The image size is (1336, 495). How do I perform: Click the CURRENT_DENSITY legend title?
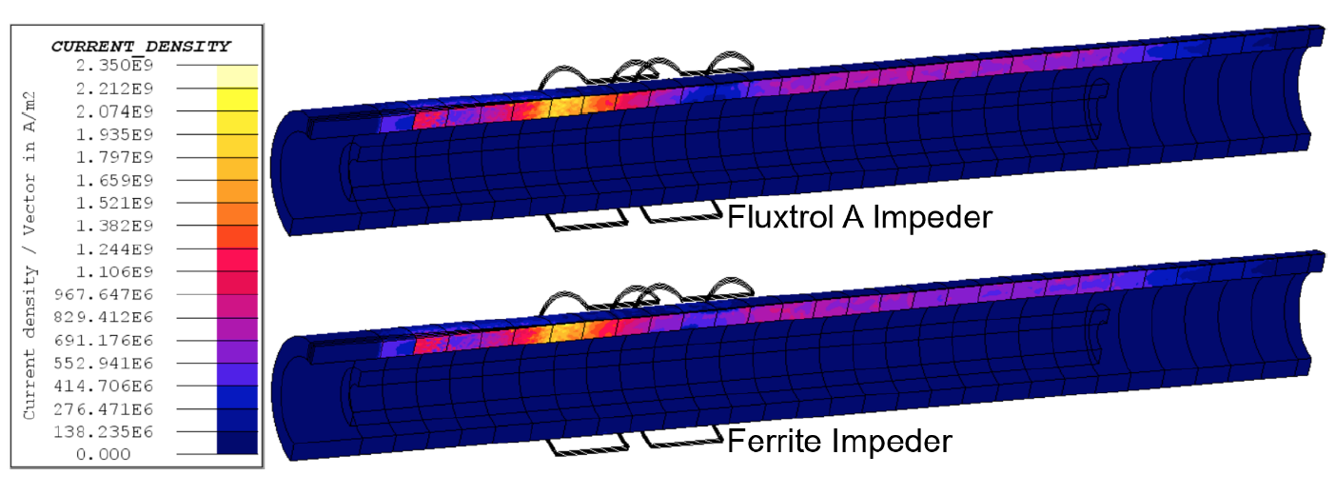140,46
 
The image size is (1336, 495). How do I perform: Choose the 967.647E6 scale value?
107,294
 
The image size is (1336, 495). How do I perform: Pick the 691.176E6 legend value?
107,340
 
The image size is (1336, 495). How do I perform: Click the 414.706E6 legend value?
107,386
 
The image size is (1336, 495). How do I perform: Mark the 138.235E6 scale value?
107,431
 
